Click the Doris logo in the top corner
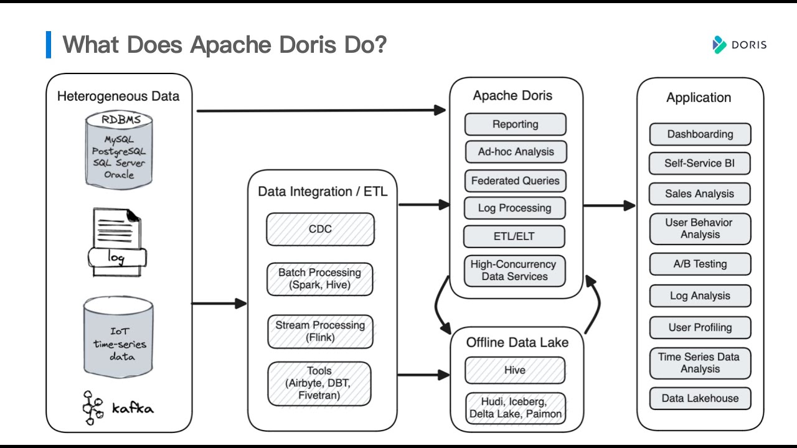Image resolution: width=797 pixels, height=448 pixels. tap(739, 45)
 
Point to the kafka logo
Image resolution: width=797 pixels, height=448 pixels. tap(118, 408)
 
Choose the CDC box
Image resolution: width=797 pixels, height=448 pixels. tap(320, 229)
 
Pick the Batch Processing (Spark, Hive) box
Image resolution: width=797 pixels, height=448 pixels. tap(320, 279)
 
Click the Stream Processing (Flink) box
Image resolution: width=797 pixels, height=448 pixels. tap(320, 331)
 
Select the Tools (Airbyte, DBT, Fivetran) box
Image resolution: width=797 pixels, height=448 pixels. tap(319, 383)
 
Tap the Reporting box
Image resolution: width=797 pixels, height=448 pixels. tap(515, 124)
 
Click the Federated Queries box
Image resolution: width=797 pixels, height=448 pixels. tap(515, 181)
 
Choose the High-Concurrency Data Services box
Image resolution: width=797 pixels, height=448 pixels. tap(514, 271)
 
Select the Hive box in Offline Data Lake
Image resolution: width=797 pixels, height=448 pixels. tap(515, 370)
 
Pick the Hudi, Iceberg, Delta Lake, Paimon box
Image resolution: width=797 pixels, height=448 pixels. tap(515, 408)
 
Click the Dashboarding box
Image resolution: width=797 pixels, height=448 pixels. tap(700, 134)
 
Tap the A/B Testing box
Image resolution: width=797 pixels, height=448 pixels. tap(700, 264)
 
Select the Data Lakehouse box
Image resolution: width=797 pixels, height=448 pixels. tap(700, 398)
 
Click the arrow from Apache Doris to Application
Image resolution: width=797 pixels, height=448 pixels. tap(609, 205)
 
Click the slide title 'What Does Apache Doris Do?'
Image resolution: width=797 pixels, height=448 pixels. tap(225, 45)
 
